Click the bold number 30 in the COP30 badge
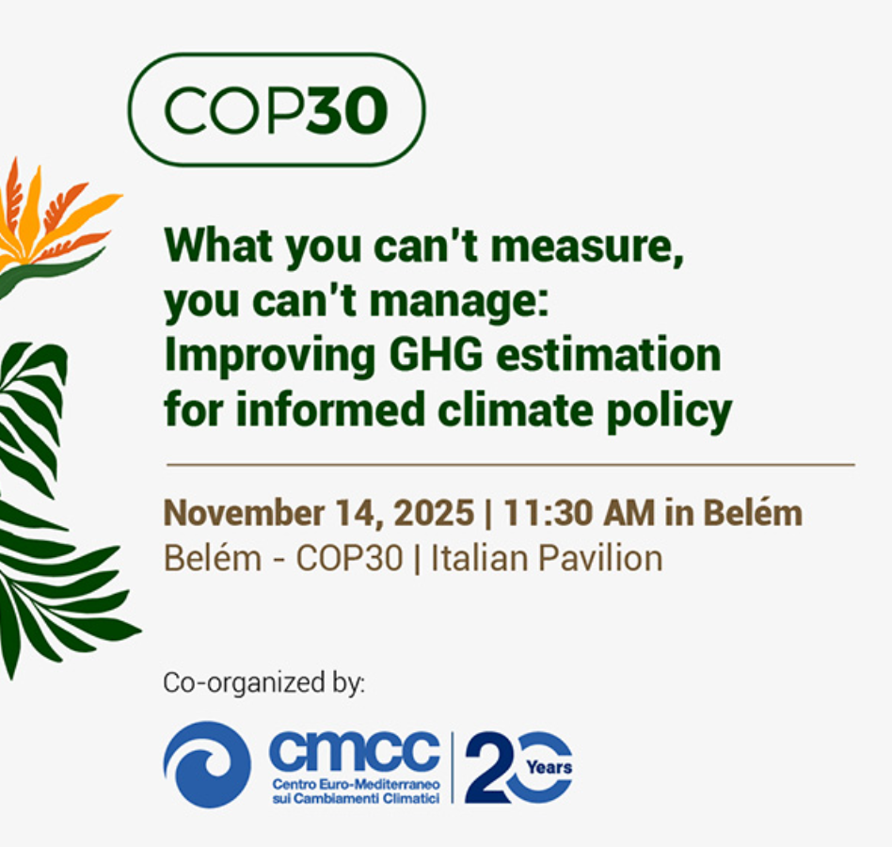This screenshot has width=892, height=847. pos(347,110)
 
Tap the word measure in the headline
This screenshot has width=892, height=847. pos(586,247)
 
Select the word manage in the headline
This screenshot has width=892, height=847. pos(458,302)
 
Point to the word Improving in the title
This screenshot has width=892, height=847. pos(270,356)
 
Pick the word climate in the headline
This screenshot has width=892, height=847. pos(516,408)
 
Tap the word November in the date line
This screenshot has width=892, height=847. pos(244,513)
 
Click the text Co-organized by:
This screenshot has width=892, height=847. pos(264,682)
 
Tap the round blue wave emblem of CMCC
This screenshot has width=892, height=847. pos(207,764)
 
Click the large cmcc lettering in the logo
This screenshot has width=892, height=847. pos(355,750)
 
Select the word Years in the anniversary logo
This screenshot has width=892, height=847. pos(549,767)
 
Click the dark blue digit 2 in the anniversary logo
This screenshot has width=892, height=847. pos(487,767)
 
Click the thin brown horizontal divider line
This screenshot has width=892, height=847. pos(511,465)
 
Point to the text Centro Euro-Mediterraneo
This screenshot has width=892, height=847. pos(356,784)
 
